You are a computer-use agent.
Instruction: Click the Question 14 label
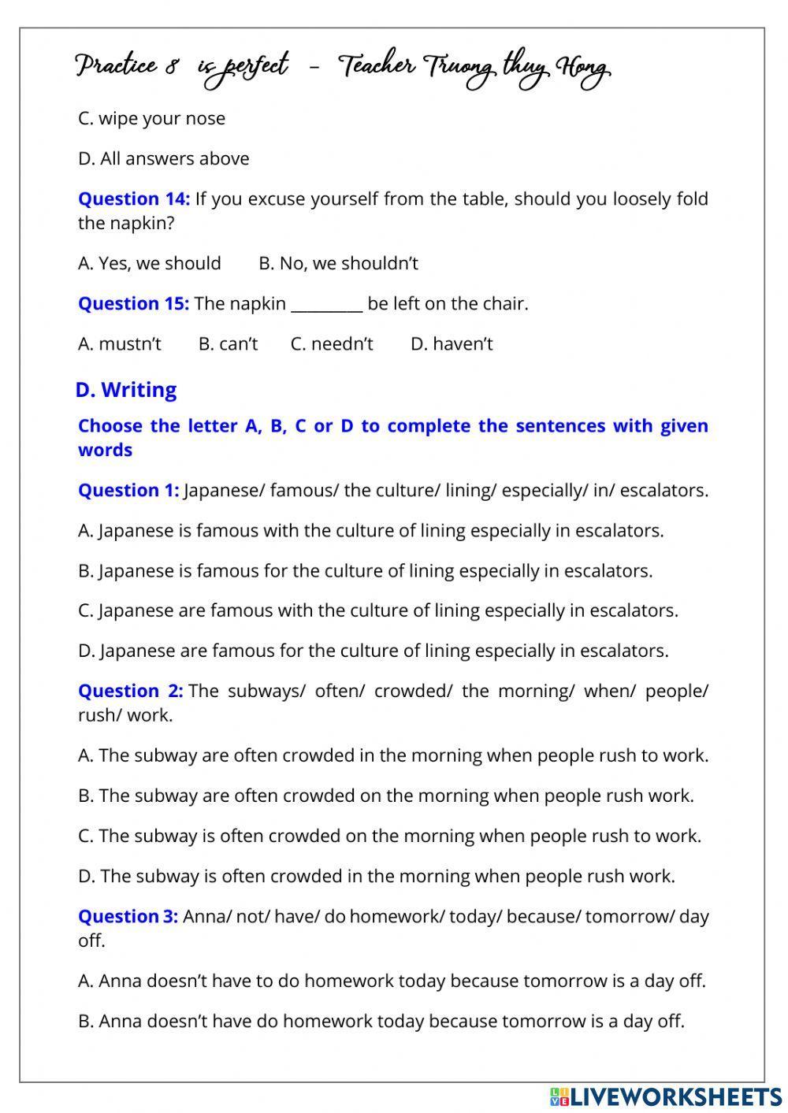pos(134,199)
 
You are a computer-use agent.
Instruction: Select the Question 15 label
pos(133,304)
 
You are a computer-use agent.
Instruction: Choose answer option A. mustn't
pos(120,344)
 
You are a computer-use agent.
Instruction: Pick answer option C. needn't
pos(332,344)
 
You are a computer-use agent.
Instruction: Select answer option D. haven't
pos(452,344)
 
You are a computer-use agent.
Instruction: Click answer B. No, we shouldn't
pos(338,264)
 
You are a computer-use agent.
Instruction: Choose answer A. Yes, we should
pos(149,264)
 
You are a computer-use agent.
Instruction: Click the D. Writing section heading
pos(126,390)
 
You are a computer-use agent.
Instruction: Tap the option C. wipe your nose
pos(151,119)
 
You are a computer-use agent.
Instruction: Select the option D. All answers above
pos(163,159)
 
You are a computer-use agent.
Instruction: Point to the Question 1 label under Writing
pos(128,491)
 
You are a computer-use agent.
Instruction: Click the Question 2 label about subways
pos(130,692)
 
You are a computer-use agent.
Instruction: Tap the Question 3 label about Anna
pos(128,917)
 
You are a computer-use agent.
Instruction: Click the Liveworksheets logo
pos(666,1096)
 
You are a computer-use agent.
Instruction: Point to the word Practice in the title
pos(116,67)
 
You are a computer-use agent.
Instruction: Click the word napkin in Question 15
pos(258,304)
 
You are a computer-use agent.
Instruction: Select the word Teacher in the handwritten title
pos(377,67)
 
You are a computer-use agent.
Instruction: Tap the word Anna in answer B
pos(121,1022)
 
